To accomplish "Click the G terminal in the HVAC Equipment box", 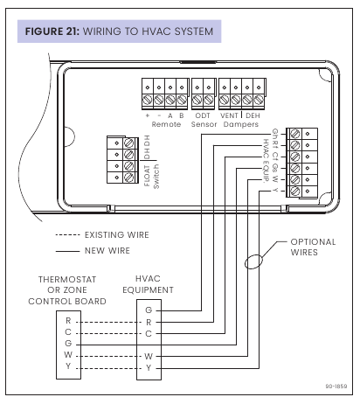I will pyautogui.click(x=149, y=310).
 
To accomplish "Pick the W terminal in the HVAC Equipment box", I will pyautogui.click(x=149, y=356).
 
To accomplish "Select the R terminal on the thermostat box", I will pyautogui.click(x=69, y=320).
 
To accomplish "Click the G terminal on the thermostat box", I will pyautogui.click(x=69, y=345).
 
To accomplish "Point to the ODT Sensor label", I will pyautogui.click(x=203, y=120).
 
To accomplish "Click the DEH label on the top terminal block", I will pyautogui.click(x=253, y=115).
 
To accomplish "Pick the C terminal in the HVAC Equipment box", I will pyautogui.click(x=149, y=333).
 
